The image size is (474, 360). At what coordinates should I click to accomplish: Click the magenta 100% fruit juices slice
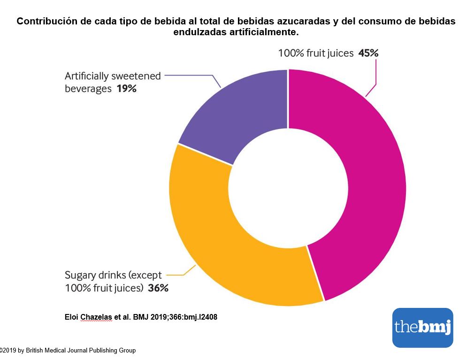[x=371, y=188]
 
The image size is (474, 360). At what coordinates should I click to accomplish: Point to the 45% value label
[x=368, y=53]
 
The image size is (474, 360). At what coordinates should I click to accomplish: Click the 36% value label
[x=158, y=288]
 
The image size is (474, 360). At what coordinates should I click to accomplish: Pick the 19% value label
[x=126, y=88]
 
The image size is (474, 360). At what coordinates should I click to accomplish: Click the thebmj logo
[x=422, y=327]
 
